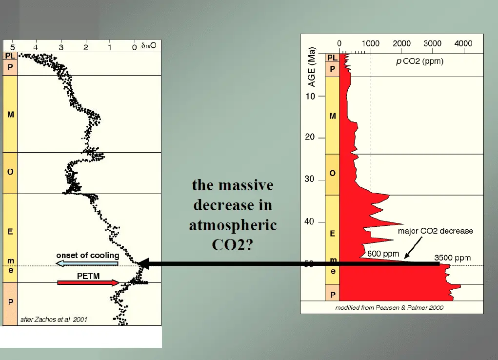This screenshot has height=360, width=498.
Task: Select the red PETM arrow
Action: point(88,282)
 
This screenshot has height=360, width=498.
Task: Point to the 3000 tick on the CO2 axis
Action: point(433,43)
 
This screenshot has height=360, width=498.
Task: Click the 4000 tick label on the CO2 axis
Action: point(463,43)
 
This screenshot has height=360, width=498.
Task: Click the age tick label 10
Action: point(322,96)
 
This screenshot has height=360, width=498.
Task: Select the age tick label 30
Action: point(322,180)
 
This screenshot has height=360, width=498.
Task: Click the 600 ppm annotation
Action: point(383,254)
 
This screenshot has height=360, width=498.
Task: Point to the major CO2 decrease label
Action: point(435,231)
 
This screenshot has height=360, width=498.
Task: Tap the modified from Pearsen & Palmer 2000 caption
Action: point(389,308)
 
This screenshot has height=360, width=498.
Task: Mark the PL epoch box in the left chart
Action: point(10,56)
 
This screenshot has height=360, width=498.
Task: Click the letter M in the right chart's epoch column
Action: point(333,116)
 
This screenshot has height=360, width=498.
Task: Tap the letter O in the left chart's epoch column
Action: point(10,172)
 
